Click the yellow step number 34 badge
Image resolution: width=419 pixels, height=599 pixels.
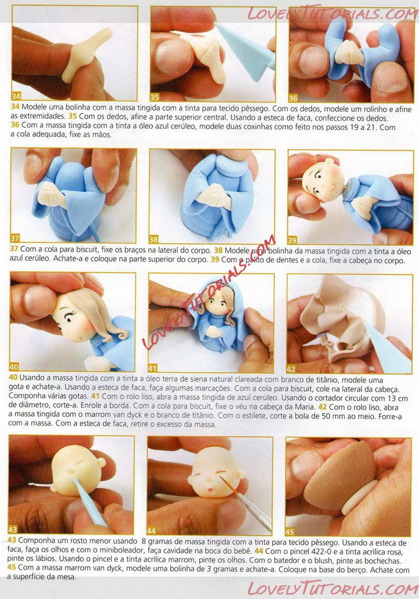(x=16, y=96)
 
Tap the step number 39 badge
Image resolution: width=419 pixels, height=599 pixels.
(x=292, y=240)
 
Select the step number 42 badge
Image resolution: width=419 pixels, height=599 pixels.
(x=291, y=369)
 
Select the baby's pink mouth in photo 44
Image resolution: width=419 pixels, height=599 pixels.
(x=210, y=490)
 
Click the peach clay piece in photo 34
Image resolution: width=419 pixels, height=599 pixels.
(x=86, y=53)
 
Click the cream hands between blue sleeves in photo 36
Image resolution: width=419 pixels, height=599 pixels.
(x=348, y=52)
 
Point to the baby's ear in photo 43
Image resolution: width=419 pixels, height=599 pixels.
(x=101, y=462)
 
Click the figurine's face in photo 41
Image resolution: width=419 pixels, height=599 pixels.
(x=217, y=305)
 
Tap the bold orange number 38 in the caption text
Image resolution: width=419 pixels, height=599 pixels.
(x=218, y=251)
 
